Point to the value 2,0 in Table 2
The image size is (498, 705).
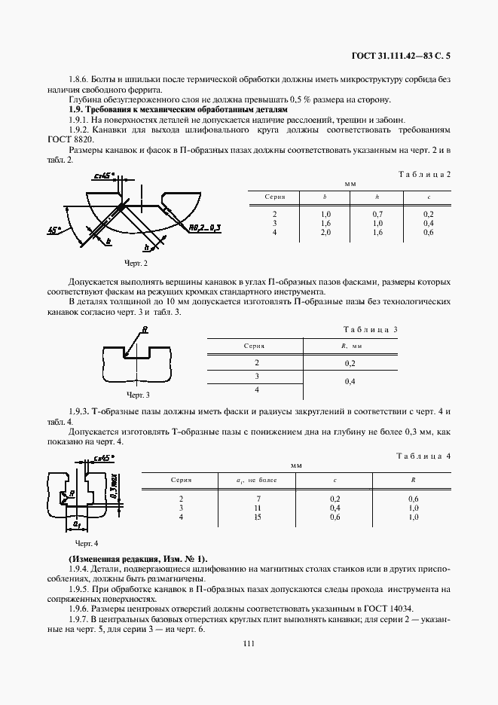325,232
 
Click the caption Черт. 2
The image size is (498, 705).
136,264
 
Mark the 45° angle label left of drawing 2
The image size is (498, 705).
54,231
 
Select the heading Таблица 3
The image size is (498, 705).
370,330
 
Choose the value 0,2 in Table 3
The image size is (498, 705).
350,363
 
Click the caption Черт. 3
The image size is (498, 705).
137,395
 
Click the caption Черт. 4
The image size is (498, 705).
87,542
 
